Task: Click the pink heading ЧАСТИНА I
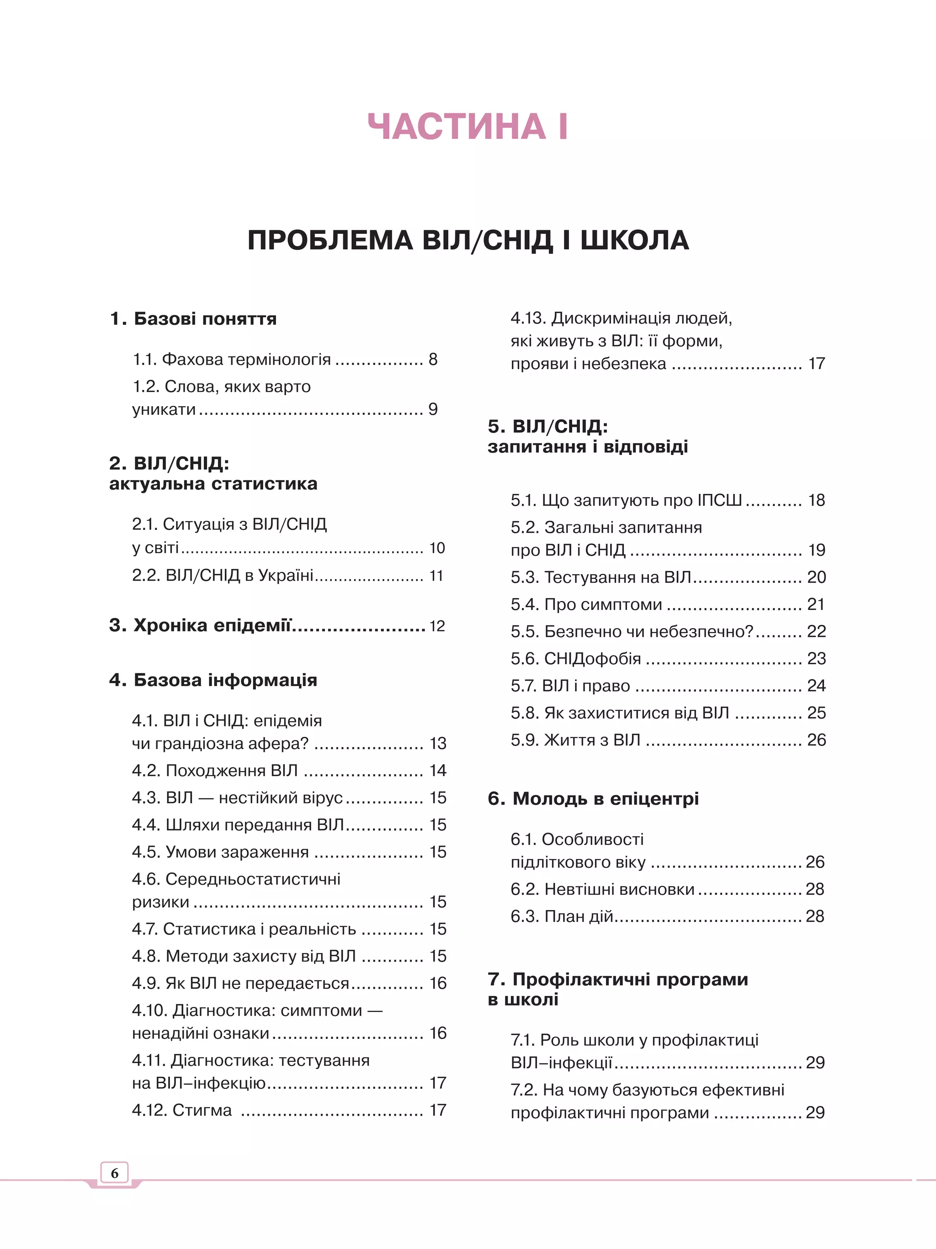468,126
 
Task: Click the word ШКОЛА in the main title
634,241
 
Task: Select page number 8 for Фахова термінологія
433,360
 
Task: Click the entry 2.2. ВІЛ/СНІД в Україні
223,575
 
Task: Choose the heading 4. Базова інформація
213,680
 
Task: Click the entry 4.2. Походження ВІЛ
215,771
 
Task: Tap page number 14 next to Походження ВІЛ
438,771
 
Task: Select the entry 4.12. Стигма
182,1110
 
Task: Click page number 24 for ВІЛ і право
816,685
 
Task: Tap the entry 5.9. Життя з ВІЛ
575,740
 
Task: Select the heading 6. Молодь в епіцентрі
593,799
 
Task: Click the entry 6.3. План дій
562,916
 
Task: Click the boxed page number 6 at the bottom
115,1173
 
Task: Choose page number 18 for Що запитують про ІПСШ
816,500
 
